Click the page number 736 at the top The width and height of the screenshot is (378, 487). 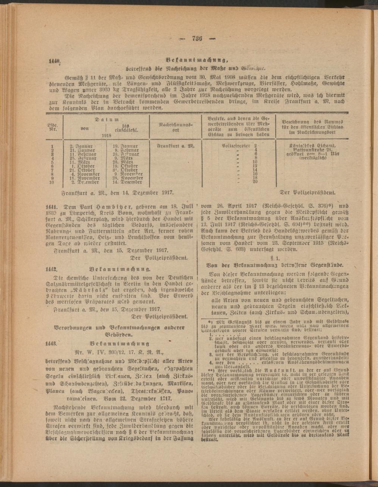(198, 37)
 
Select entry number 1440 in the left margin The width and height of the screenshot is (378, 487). (54, 61)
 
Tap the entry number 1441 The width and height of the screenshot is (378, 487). (51, 207)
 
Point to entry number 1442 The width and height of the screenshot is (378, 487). (51, 269)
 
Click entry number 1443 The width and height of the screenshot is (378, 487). (51, 344)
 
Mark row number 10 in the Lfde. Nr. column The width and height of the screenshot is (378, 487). (52, 182)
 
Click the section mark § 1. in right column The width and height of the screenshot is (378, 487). (275, 253)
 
